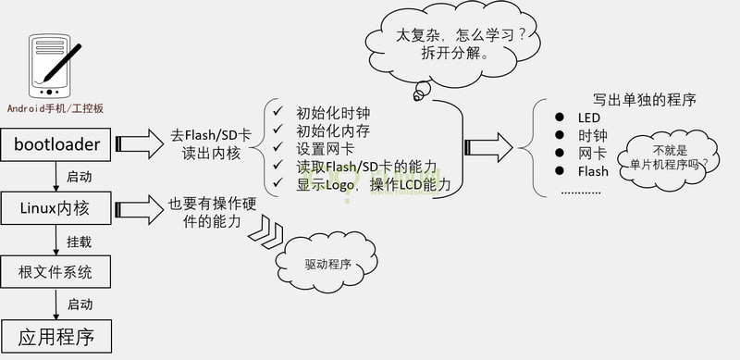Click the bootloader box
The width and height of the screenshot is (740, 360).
click(56, 143)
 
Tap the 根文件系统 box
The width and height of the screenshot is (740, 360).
click(56, 272)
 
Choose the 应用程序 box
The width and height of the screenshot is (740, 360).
click(56, 333)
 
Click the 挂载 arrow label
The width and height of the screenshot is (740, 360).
click(79, 242)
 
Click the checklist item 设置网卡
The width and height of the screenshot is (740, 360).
click(324, 149)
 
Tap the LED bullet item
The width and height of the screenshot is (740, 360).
click(589, 118)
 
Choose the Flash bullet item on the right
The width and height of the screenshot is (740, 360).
click(593, 171)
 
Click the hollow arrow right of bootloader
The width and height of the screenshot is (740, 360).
click(139, 143)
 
